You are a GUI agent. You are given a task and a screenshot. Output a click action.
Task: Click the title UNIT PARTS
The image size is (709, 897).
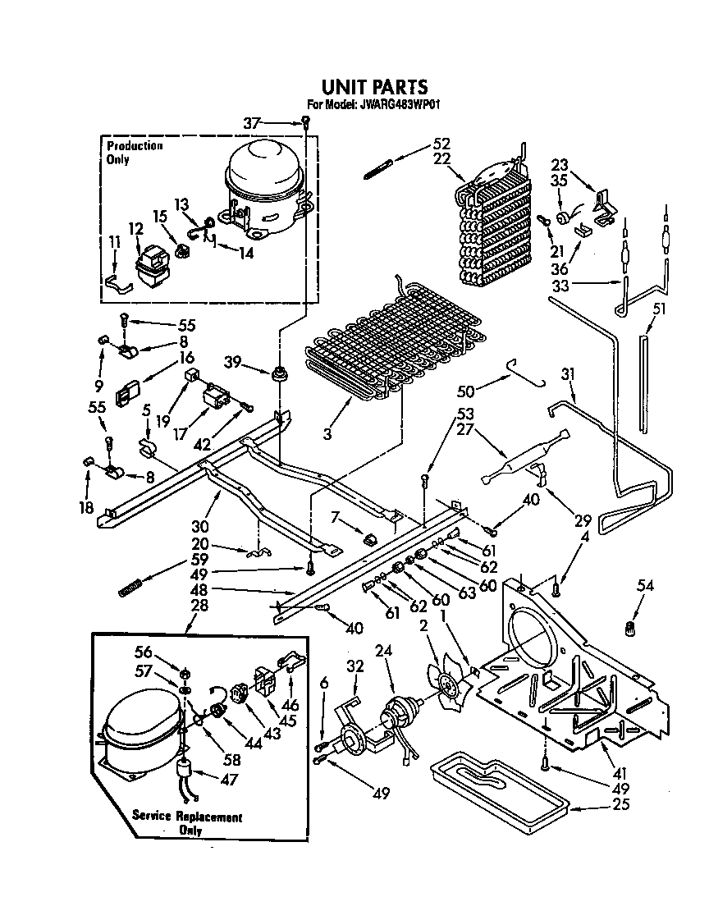click(x=373, y=86)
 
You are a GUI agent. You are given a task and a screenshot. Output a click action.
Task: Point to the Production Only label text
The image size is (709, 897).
click(x=135, y=152)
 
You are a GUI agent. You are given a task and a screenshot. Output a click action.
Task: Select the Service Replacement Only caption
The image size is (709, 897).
click(x=188, y=822)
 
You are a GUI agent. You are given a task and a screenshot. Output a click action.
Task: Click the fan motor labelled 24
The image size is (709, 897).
click(x=400, y=713)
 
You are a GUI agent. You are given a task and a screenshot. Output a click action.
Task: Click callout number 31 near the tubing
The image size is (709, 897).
click(x=567, y=374)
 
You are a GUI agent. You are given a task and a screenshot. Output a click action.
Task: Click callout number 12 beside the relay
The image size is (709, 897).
click(x=135, y=227)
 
